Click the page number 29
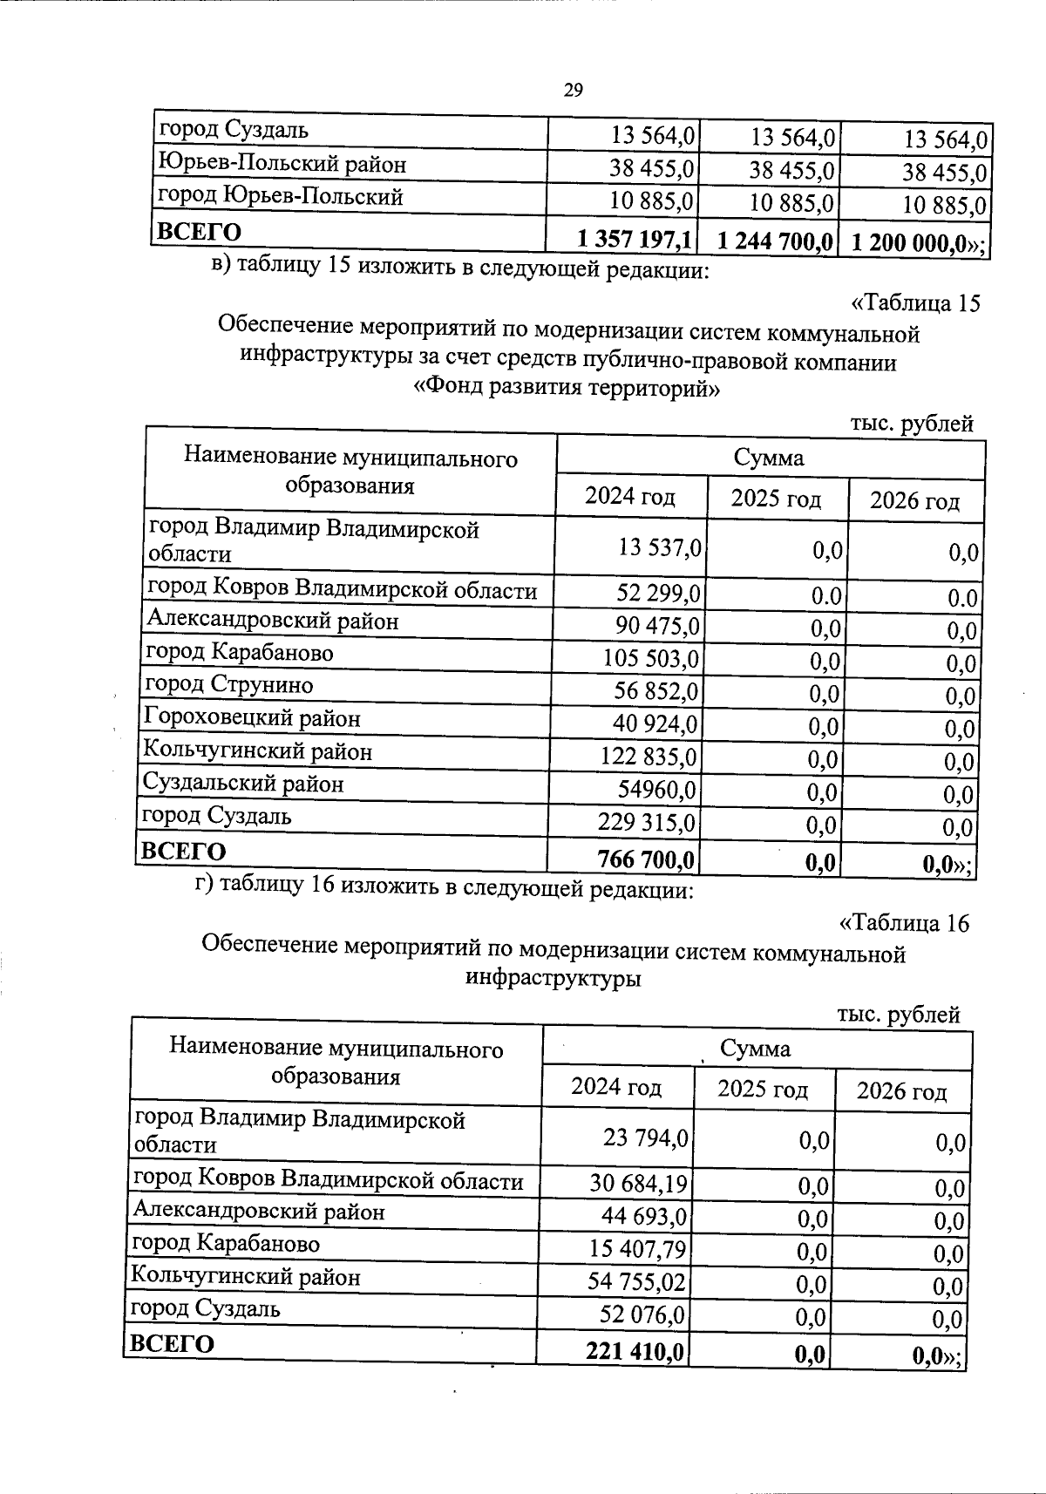point(573,91)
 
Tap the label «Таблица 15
point(915,303)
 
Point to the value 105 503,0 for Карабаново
point(650,658)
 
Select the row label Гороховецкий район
point(252,719)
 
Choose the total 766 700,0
point(646,861)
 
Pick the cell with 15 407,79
point(637,1250)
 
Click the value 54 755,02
point(637,1282)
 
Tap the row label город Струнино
point(229,685)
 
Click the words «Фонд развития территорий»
point(567,388)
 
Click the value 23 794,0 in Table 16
point(645,1137)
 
